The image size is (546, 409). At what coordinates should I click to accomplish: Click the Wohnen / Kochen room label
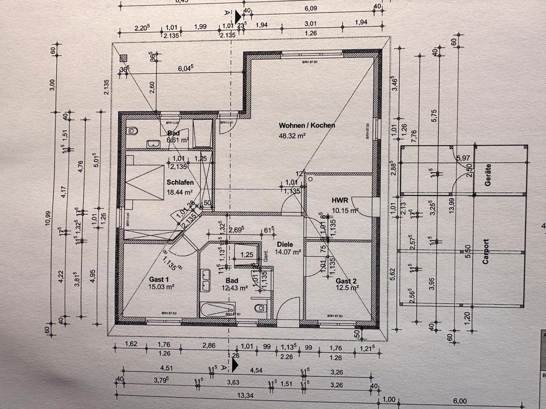pos(307,125)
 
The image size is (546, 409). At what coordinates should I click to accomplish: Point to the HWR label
pos(340,200)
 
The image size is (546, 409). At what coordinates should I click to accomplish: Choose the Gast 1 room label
pos(159,279)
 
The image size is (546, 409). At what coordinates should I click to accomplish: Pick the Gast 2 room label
pos(346,281)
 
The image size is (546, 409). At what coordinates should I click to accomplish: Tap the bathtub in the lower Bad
pos(217,310)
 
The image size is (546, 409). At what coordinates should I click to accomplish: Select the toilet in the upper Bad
pos(131,130)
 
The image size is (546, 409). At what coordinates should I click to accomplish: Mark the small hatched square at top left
pos(123,58)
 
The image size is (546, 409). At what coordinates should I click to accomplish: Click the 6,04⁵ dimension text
pos(186,68)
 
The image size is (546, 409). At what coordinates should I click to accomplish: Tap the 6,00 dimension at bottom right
pos(459,400)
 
